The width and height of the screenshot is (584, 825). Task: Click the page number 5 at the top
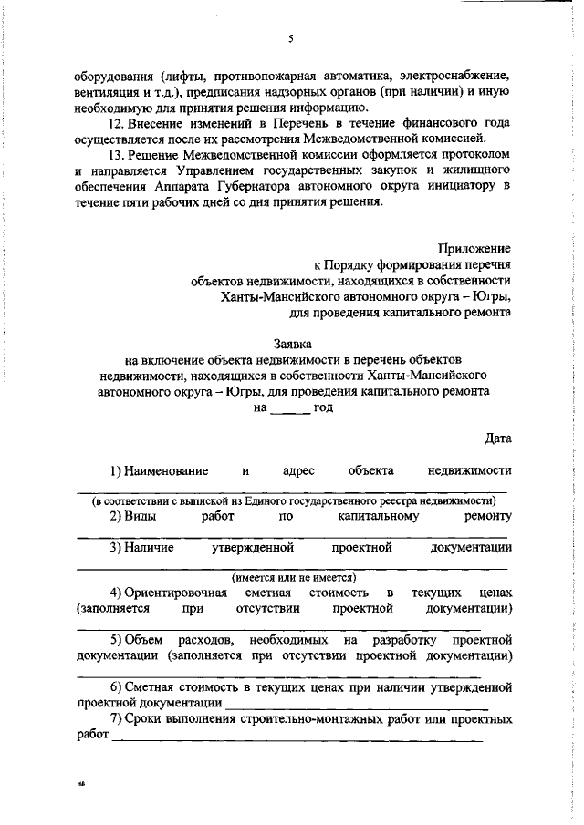coord(289,38)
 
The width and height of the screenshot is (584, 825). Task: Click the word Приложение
coord(474,247)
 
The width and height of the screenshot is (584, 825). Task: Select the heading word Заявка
coord(292,344)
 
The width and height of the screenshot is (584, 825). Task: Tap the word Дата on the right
coord(497,438)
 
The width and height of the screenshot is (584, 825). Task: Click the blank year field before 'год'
coord(289,409)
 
